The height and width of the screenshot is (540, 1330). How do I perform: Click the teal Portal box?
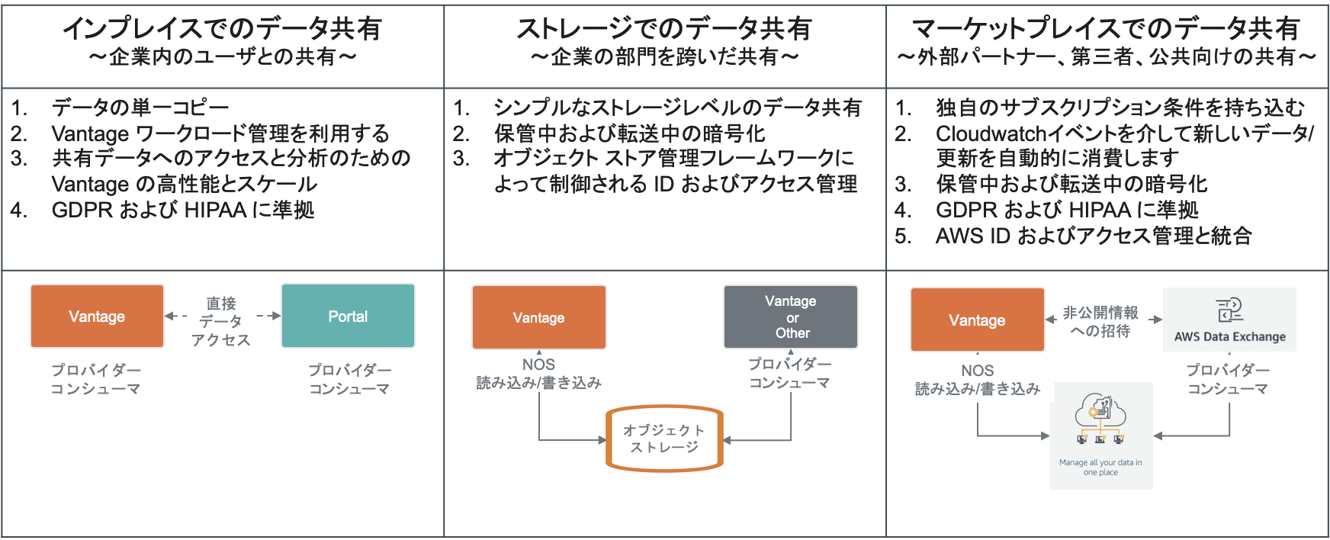[x=348, y=317]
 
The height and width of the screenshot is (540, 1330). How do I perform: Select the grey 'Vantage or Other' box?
[x=791, y=317]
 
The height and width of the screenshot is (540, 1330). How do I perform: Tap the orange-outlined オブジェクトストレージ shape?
[x=664, y=439]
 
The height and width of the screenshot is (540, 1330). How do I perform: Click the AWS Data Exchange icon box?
[x=1229, y=320]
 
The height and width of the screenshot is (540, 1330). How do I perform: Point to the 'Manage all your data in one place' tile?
[x=1101, y=436]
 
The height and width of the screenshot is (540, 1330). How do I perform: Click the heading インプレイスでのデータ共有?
[x=222, y=28]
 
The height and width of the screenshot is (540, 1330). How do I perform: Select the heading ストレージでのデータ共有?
[x=664, y=28]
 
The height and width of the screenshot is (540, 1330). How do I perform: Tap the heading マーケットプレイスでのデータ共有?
[x=1106, y=28]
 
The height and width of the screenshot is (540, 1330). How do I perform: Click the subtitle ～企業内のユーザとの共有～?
[x=222, y=57]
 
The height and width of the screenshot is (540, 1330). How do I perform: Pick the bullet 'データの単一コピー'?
[x=140, y=108]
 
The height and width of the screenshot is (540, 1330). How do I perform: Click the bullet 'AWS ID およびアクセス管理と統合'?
[x=1094, y=236]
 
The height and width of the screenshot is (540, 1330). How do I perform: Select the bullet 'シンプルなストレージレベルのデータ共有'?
[x=677, y=108]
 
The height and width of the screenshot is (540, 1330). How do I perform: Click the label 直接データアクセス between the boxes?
[x=221, y=321]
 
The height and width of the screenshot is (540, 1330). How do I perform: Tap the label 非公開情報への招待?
[x=1100, y=322]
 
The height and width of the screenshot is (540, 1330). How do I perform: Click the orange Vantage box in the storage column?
[x=539, y=317]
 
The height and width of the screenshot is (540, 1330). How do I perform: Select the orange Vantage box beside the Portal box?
[x=97, y=317]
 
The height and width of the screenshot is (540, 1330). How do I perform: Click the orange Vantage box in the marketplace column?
[x=977, y=320]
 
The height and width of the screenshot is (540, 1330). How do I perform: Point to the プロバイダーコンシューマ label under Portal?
[x=349, y=379]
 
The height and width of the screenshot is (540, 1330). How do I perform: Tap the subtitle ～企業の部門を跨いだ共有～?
[x=664, y=57]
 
